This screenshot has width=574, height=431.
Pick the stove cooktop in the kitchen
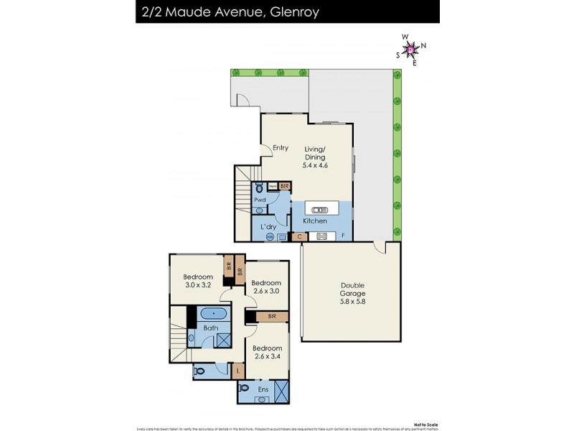click(x=322, y=236)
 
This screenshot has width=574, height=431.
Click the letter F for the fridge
click(x=343, y=236)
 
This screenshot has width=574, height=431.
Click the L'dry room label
click(x=268, y=227)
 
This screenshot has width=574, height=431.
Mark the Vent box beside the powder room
click(x=273, y=186)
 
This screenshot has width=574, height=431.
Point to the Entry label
click(x=280, y=148)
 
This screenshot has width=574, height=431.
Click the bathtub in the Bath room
click(x=214, y=314)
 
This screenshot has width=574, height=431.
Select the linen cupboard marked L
click(x=240, y=371)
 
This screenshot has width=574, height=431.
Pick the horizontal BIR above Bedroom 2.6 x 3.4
click(x=271, y=315)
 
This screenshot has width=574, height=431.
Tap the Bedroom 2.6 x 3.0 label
click(x=266, y=287)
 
